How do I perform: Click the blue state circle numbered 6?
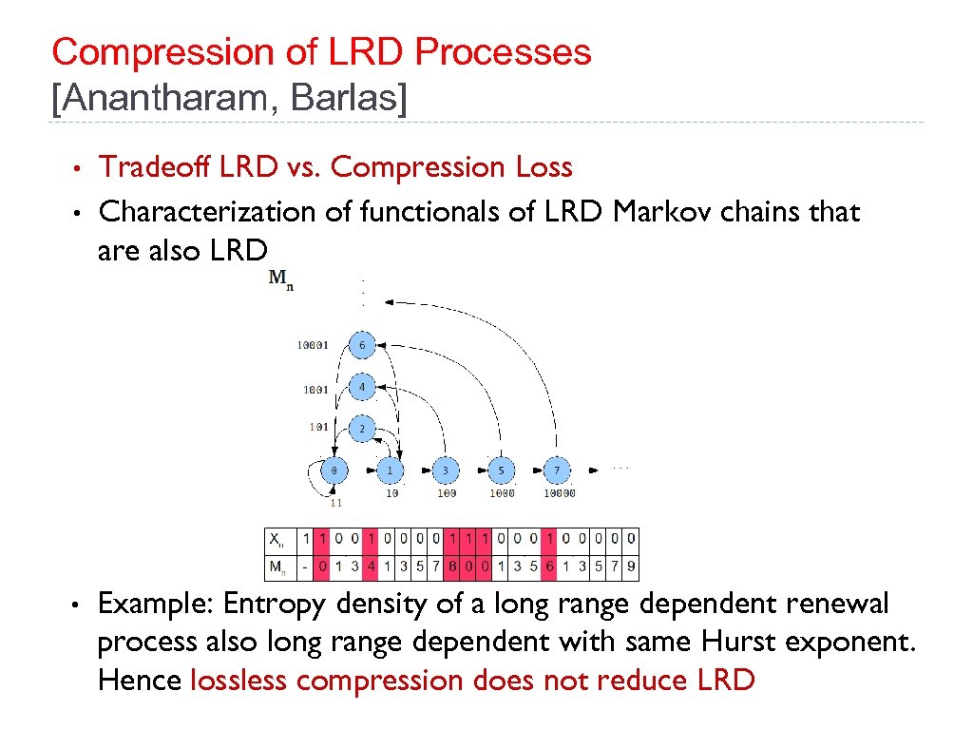(x=361, y=345)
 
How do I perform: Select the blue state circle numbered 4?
(x=361, y=388)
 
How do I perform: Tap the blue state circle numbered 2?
(x=361, y=429)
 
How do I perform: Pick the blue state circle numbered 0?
(x=334, y=470)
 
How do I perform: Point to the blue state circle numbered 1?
(x=390, y=470)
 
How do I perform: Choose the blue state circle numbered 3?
(x=445, y=470)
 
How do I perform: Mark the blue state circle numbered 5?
(x=501, y=470)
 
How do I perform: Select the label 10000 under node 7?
(x=559, y=493)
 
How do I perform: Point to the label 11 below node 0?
(x=335, y=503)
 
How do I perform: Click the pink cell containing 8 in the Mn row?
(x=451, y=567)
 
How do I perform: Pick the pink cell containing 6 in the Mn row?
(x=549, y=567)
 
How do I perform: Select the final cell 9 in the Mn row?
(x=631, y=567)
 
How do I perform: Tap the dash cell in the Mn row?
(x=305, y=567)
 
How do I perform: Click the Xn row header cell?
(x=279, y=540)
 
